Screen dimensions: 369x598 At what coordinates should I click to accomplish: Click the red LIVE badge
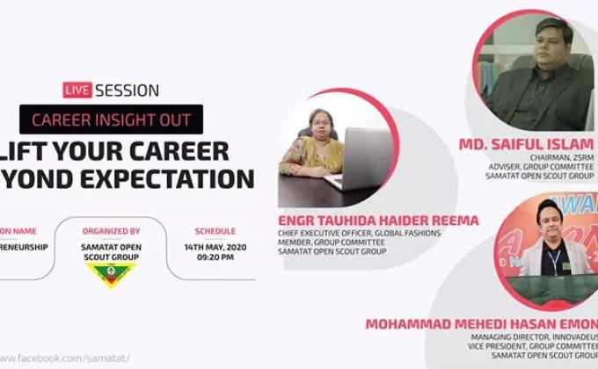point(77,90)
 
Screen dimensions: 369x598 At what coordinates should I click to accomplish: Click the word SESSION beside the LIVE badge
point(127,90)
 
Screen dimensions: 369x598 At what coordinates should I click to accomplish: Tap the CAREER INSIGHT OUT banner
point(112,119)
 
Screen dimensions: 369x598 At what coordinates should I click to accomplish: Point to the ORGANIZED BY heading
point(112,231)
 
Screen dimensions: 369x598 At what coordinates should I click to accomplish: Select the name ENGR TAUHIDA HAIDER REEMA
point(378,221)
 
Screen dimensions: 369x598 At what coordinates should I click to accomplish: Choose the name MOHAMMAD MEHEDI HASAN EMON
point(479,323)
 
